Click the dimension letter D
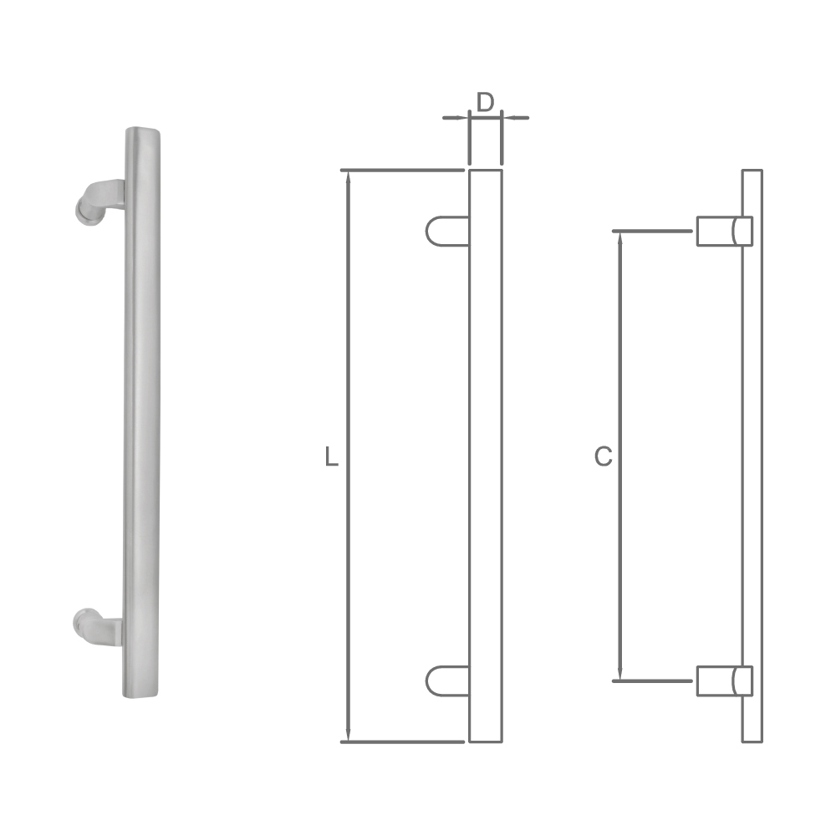point(485,102)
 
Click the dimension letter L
point(332,457)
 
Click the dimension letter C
point(603,456)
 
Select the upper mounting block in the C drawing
point(724,231)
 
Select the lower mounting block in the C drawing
point(724,681)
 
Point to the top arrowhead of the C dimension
point(619,237)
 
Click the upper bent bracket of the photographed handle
point(97,201)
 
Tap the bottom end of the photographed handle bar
point(142,693)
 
